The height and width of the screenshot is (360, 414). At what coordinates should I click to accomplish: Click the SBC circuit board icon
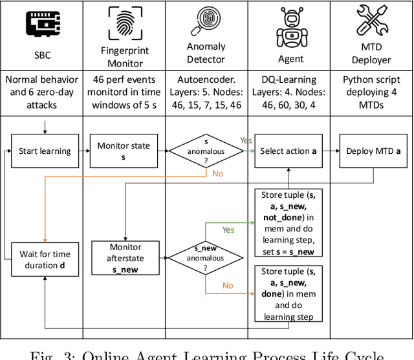(41, 23)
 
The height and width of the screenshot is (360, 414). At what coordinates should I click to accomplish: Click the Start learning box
(45, 151)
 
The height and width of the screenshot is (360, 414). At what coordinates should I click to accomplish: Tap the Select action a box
(289, 151)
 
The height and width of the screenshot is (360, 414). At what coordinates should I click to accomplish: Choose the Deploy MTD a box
(371, 151)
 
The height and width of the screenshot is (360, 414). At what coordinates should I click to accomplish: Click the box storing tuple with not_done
(289, 223)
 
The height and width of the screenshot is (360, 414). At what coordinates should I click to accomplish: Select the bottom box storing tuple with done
(289, 294)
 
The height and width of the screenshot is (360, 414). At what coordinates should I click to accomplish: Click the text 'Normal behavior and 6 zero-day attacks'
(41, 92)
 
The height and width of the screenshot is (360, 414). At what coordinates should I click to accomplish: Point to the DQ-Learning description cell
(289, 92)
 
